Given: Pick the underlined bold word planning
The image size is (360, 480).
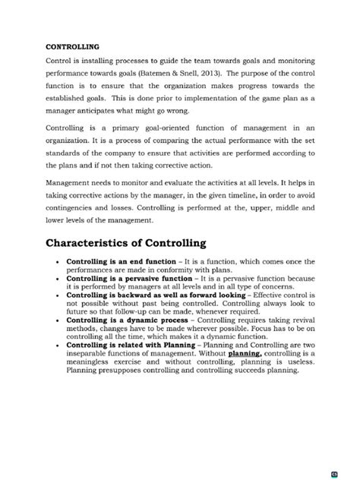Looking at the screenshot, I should [x=245, y=352].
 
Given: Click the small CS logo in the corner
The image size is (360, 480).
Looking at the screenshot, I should [x=354, y=474].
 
